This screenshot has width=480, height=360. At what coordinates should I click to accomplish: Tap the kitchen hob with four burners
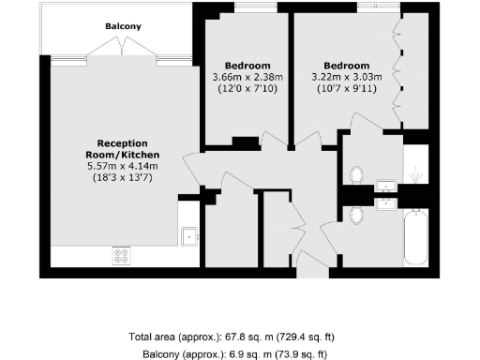(122, 253)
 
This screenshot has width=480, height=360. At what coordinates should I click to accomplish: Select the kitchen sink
(189, 236)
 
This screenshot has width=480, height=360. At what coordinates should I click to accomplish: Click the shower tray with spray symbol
(416, 168)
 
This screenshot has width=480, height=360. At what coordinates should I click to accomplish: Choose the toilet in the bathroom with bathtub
(355, 215)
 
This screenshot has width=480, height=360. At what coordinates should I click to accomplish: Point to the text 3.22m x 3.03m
(339, 76)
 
